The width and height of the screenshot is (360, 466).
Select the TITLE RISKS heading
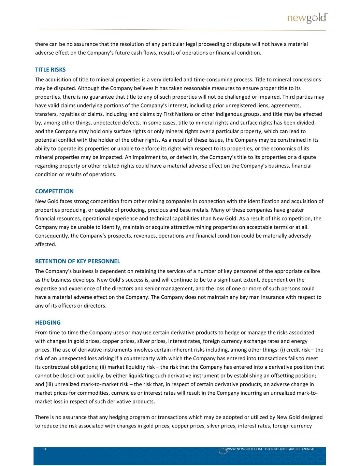click(x=50, y=70)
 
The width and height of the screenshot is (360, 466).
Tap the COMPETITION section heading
click(x=54, y=191)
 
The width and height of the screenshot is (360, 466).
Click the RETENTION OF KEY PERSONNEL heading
click(x=77, y=262)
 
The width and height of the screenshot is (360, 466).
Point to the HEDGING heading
click(x=48, y=323)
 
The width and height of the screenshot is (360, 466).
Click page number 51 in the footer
click(x=44, y=449)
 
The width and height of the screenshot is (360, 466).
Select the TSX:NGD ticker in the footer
click(x=271, y=449)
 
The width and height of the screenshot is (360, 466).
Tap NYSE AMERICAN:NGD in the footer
click(x=297, y=449)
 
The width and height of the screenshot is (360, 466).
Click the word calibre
click(x=310, y=271)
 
